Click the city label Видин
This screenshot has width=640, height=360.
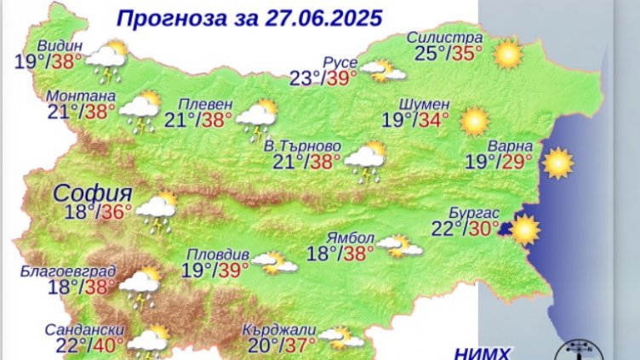click(x=60, y=45)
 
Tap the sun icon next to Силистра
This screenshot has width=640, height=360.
click(x=508, y=54)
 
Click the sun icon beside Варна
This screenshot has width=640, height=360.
click(x=558, y=163)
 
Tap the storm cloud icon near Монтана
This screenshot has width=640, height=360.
click(x=140, y=111)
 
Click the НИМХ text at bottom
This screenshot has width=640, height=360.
click(x=483, y=351)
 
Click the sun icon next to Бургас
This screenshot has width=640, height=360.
click(x=524, y=230)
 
